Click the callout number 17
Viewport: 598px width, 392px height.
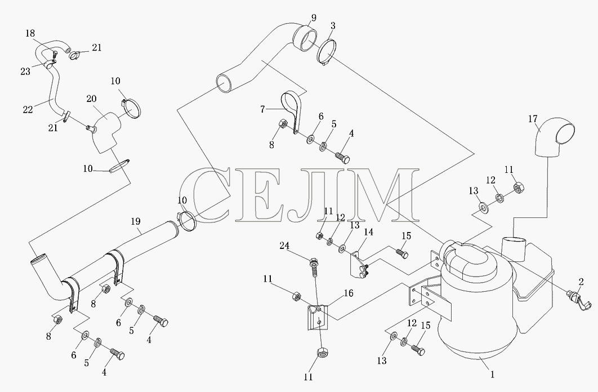coord(533,119)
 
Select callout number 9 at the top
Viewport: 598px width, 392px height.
coord(314,18)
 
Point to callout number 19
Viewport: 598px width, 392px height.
coord(135,221)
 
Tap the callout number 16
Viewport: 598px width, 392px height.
coord(348,293)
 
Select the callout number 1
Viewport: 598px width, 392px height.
coord(492,375)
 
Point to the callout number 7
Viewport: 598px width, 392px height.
coord(262,110)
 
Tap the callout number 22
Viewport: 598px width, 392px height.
coord(28,109)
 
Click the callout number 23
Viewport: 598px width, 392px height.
coord(25,72)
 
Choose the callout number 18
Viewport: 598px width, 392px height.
coord(30,33)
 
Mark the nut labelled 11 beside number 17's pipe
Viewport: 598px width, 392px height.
coord(518,188)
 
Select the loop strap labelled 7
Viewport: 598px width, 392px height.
coord(291,110)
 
